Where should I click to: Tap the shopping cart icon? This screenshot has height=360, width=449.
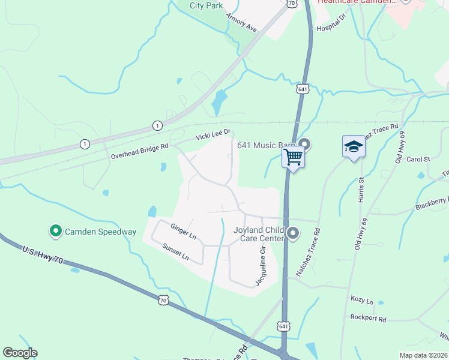pyautogui.click(x=294, y=157)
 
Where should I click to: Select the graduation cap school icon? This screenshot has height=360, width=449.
pyautogui.click(x=354, y=147)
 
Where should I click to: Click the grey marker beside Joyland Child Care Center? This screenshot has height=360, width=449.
pyautogui.click(x=293, y=233)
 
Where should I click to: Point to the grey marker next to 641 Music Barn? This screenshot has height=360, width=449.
pyautogui.click(x=304, y=144)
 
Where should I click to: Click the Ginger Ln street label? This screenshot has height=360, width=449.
pyautogui.click(x=183, y=232)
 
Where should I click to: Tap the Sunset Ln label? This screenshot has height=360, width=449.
pyautogui.click(x=175, y=251)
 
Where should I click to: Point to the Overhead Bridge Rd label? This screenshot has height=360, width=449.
pyautogui.click(x=140, y=151)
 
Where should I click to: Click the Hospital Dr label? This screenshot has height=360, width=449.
pyautogui.click(x=332, y=25)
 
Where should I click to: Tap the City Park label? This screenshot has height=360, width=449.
pyautogui.click(x=206, y=5)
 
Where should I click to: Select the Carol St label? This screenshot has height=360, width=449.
pyautogui.click(x=419, y=160)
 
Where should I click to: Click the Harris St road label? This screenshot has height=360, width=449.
pyautogui.click(x=361, y=189)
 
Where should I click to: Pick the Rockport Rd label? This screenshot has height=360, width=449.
pyautogui.click(x=369, y=316)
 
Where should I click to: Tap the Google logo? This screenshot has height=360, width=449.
pyautogui.click(x=20, y=353)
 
